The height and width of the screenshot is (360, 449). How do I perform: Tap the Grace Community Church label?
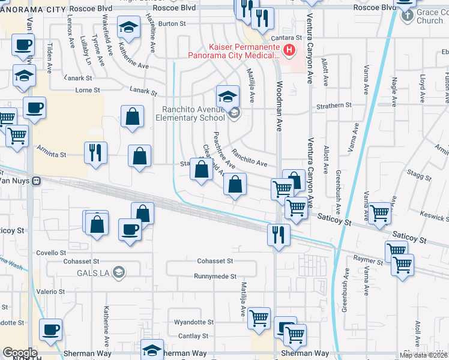(429, 16)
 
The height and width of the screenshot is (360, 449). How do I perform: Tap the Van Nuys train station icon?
(37, 180)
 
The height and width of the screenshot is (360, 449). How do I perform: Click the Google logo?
(20, 353)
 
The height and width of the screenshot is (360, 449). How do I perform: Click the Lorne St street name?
(87, 90)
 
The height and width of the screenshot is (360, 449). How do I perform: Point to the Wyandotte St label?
(190, 322)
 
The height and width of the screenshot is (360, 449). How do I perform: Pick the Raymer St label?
(368, 262)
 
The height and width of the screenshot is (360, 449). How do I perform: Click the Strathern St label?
(334, 105)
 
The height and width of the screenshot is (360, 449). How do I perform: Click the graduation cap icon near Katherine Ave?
(128, 28)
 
